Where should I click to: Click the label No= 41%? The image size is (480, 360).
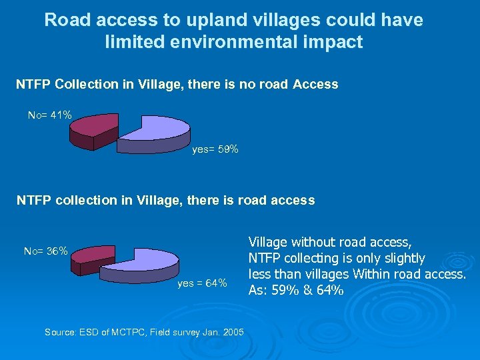click(x=50, y=115)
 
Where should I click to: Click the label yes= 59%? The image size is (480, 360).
click(x=215, y=150)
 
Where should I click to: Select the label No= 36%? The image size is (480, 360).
click(x=45, y=251)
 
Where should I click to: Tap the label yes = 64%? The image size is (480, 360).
click(x=203, y=283)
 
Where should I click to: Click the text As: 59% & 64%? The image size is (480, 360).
click(x=296, y=290)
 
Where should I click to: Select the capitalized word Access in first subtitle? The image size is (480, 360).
click(x=315, y=85)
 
